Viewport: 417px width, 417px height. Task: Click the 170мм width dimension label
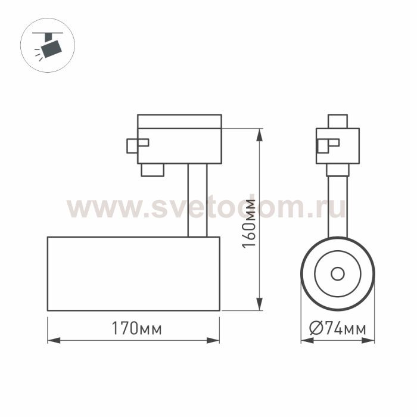136,328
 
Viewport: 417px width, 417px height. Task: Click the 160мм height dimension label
249,223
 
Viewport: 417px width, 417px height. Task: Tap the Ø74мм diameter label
338,328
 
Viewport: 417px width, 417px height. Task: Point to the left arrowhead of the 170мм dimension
54,340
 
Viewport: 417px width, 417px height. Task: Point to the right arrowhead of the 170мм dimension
213,340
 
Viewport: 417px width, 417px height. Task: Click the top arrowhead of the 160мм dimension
259,135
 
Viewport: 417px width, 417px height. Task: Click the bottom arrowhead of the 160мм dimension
259,304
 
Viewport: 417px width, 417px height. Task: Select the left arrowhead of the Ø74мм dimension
307,340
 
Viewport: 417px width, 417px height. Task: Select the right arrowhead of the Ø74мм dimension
368,340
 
